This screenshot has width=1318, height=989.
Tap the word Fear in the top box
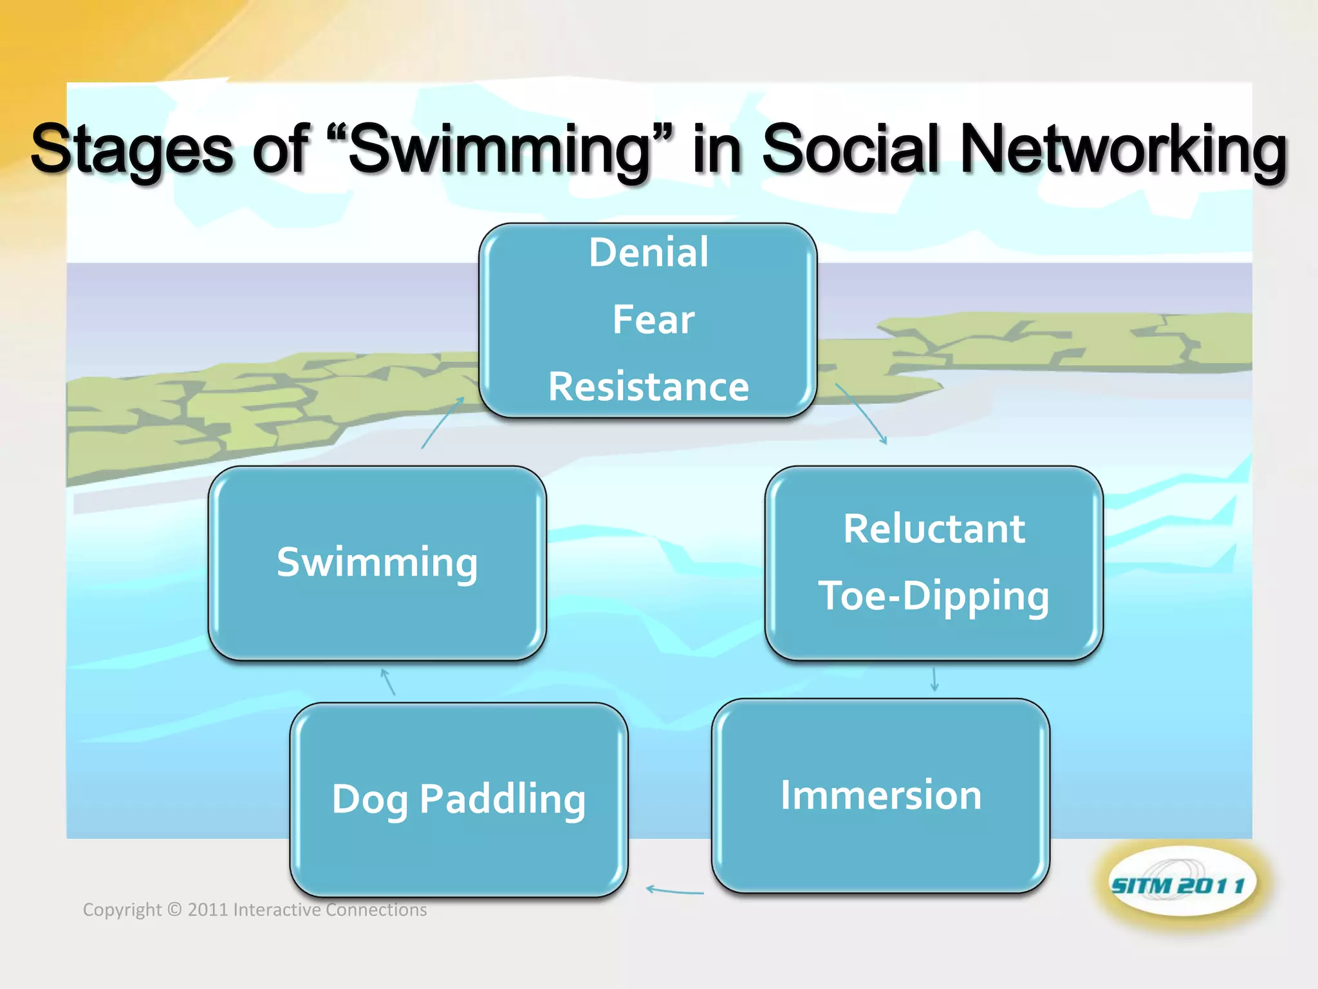[653, 319]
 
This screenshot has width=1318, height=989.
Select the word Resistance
[649, 387]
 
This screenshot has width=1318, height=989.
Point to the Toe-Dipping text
[933, 596]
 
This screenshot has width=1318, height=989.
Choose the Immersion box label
[881, 795]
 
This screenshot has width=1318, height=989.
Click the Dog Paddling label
[459, 799]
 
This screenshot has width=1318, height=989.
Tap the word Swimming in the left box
[377, 562]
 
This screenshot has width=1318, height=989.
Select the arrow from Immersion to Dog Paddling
[674, 891]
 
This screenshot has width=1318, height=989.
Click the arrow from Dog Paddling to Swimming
[387, 682]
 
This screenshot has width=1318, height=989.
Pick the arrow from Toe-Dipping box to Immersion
[934, 679]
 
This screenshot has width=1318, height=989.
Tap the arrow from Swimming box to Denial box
[443, 422]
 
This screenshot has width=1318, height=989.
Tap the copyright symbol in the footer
[174, 909]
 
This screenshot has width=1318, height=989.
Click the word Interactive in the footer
[277, 909]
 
